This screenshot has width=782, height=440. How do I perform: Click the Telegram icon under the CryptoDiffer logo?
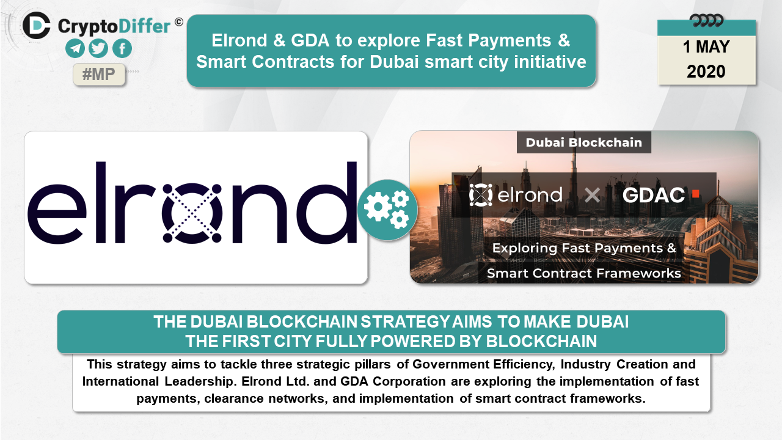[x=75, y=48]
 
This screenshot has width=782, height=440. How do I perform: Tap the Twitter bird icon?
[x=98, y=48]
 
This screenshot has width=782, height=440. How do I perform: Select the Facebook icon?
[x=122, y=48]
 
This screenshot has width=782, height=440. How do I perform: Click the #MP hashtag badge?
[x=99, y=74]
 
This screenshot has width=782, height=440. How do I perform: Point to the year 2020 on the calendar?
[x=706, y=71]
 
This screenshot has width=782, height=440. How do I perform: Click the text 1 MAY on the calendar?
[x=706, y=47]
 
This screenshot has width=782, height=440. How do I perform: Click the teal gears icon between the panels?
[x=387, y=210]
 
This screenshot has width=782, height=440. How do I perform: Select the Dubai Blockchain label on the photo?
[x=583, y=142]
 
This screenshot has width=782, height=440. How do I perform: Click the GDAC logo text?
[x=653, y=195]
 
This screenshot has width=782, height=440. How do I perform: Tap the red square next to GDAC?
[x=695, y=194]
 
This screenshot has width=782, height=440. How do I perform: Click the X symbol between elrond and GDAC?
[x=592, y=195]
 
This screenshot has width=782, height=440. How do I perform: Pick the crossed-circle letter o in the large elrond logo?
[x=192, y=213]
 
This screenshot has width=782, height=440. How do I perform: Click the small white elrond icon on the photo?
[x=480, y=195]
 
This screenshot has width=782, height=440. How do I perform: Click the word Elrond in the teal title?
[x=239, y=40]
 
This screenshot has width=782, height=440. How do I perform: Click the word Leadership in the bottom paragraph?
[x=199, y=382]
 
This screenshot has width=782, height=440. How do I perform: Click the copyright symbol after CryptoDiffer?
[x=179, y=22]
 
